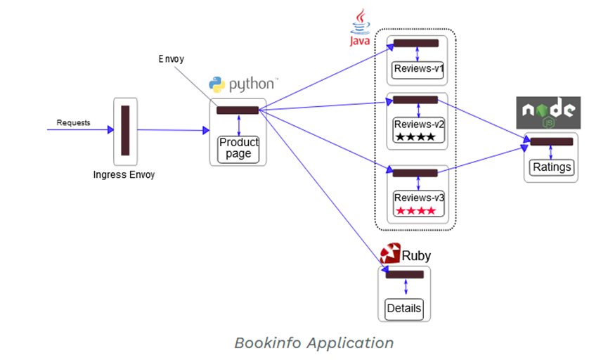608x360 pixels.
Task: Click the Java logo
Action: [x=360, y=28]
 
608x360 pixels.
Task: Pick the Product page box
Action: [x=239, y=148]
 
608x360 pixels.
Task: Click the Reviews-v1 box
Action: [x=418, y=69]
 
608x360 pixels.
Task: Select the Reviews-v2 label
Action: [x=419, y=124]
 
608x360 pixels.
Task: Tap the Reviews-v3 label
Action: [x=419, y=198]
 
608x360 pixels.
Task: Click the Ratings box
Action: [x=552, y=167]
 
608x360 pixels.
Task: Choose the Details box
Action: [x=404, y=308]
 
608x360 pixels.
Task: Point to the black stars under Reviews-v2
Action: [x=415, y=137]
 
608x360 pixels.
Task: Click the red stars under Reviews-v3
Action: [x=415, y=210]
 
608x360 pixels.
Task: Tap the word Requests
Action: [x=74, y=123]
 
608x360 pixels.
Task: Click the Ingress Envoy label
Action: [x=124, y=174]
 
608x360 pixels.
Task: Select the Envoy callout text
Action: [x=172, y=59]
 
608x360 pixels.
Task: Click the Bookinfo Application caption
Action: [x=313, y=343]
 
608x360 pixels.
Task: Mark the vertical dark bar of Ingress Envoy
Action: [x=125, y=130]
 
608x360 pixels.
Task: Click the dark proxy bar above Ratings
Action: [x=551, y=142]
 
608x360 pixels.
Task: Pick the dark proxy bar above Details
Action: [x=404, y=274]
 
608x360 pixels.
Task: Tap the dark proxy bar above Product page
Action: [x=238, y=110]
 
